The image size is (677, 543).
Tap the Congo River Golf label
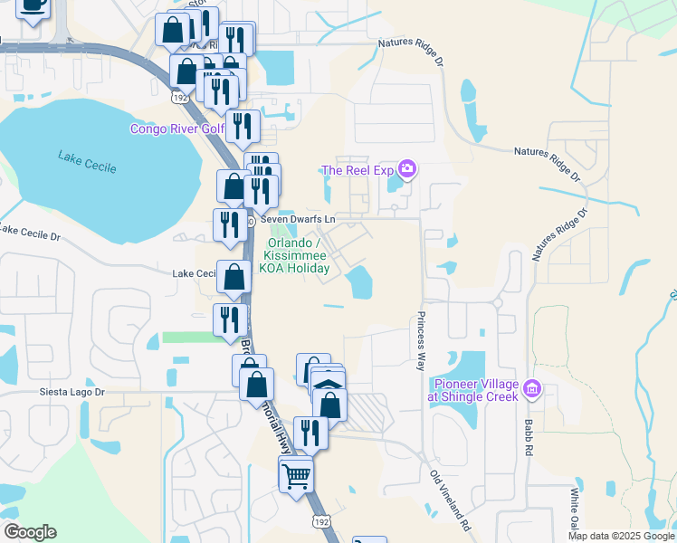(x=176, y=129)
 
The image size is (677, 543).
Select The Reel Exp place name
(x=359, y=170)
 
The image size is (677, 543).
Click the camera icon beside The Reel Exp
(x=407, y=169)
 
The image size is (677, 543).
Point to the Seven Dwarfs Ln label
(x=298, y=219)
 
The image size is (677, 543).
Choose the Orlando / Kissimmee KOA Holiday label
(x=301, y=256)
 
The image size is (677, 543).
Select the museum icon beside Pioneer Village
(x=531, y=390)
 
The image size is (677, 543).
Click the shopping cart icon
(x=297, y=474)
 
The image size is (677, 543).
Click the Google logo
(x=30, y=532)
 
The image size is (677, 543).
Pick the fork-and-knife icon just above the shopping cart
(x=310, y=432)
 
